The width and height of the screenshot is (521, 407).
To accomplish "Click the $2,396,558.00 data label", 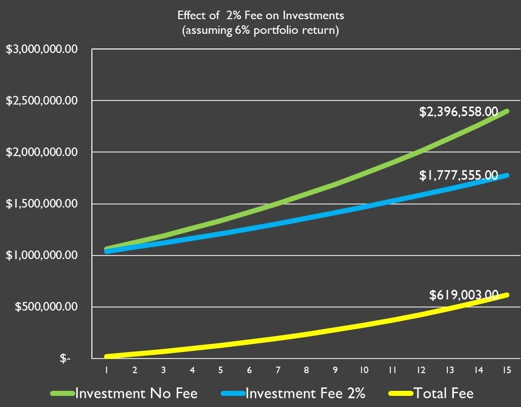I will (458, 112).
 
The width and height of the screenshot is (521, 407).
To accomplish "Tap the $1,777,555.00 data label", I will (458, 176).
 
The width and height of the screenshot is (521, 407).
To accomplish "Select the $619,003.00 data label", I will (463, 295).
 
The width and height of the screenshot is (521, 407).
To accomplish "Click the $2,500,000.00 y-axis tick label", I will (42, 100).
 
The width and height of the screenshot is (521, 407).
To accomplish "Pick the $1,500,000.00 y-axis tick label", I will (42, 204).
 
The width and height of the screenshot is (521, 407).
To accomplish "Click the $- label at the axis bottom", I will (65, 359).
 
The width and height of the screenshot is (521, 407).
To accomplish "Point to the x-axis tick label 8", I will (306, 370).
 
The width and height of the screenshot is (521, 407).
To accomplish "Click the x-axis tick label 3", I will (164, 370).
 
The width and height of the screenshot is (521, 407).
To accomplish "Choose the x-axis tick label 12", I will (421, 370).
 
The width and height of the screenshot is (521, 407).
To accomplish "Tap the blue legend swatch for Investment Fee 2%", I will (232, 393).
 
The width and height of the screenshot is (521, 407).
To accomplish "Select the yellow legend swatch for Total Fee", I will (401, 393).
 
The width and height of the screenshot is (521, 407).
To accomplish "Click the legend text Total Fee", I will (444, 393).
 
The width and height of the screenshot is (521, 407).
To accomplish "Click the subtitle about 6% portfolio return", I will (260, 30).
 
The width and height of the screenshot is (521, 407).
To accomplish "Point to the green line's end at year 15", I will (506, 111).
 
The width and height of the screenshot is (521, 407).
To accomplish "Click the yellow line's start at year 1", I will (107, 356).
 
